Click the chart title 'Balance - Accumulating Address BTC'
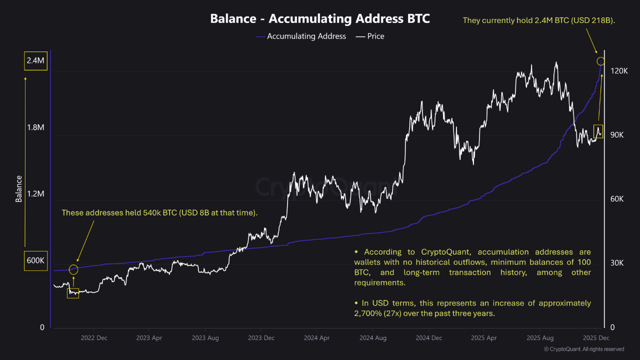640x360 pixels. pos(320,18)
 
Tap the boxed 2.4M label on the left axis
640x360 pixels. pos(35,61)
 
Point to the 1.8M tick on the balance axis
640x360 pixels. pos(35,127)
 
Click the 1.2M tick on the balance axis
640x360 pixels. pos(35,194)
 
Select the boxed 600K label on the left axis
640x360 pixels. pos(35,260)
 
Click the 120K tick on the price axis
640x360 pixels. pos(619,71)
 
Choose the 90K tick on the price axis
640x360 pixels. pos(619,135)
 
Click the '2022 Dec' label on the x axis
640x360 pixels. pos(94,338)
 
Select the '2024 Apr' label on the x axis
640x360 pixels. pos(317,338)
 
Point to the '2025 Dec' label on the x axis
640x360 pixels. pos(596,338)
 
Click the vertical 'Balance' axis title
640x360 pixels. pos(19,188)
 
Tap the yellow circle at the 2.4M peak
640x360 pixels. pos(601,61)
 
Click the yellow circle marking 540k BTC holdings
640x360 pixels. pos(73,270)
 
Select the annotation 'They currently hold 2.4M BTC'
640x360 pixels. pos(539,20)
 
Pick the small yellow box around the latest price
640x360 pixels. pos(598,131)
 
